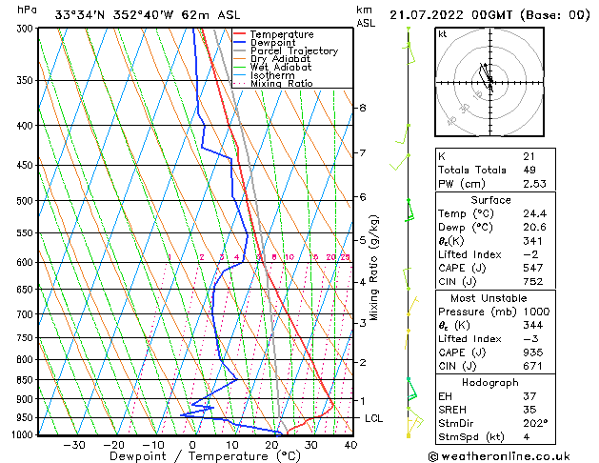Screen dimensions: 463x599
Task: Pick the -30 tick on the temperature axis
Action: coord(74,444)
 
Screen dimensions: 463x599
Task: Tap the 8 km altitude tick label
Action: coord(362,108)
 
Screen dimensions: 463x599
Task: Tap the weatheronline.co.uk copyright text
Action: coord(515,455)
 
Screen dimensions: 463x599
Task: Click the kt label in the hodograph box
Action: coord(443,34)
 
